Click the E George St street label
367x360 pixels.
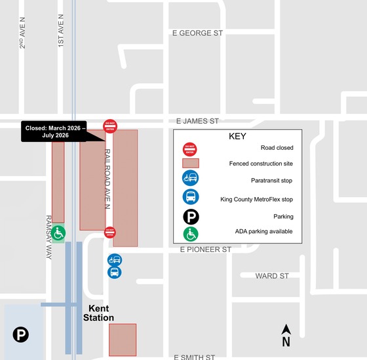197,32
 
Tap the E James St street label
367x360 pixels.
197,121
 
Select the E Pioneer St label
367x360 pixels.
206,249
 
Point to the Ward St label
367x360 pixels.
272,276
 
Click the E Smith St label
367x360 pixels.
195,357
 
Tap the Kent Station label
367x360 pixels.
98,313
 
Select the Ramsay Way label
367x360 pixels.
48,238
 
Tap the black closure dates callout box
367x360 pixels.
55,131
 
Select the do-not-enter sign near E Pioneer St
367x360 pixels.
110,232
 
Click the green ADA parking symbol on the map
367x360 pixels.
58,233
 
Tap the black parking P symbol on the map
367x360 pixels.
21,335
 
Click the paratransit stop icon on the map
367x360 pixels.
114,260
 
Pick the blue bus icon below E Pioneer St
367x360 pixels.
114,272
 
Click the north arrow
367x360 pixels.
286,334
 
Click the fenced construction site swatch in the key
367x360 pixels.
191,163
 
